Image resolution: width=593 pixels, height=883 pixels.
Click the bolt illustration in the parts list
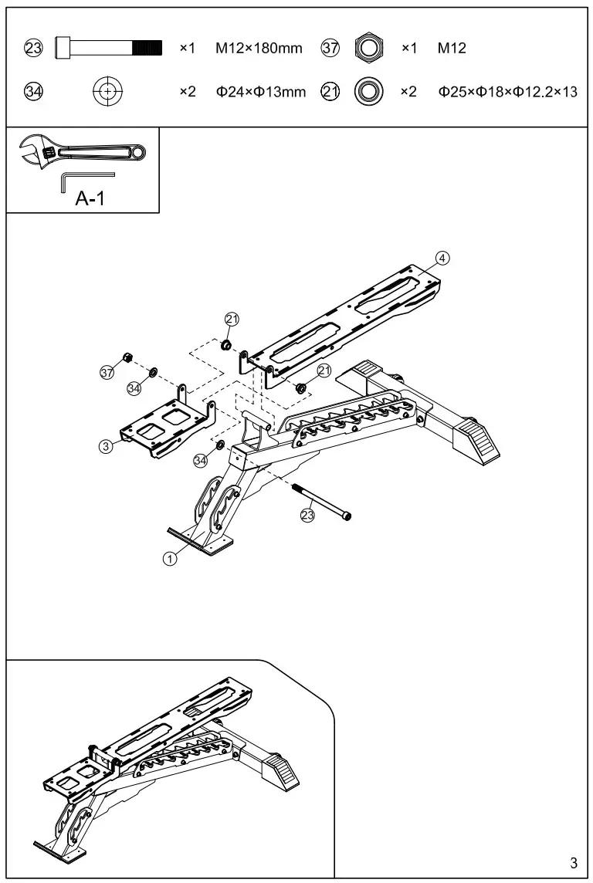(109, 49)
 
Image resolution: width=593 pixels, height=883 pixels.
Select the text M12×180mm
(259, 49)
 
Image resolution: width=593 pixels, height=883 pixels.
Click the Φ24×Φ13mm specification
(260, 92)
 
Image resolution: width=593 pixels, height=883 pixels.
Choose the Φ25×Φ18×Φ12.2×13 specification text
(508, 92)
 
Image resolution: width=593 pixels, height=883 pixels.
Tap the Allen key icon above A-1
(85, 181)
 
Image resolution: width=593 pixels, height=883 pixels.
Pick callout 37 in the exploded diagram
(107, 374)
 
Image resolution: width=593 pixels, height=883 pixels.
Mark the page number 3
(573, 862)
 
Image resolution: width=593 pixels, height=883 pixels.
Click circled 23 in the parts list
(33, 49)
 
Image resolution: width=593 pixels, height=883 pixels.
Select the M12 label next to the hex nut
(452, 49)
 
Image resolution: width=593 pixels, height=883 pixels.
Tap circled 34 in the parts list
(33, 92)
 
